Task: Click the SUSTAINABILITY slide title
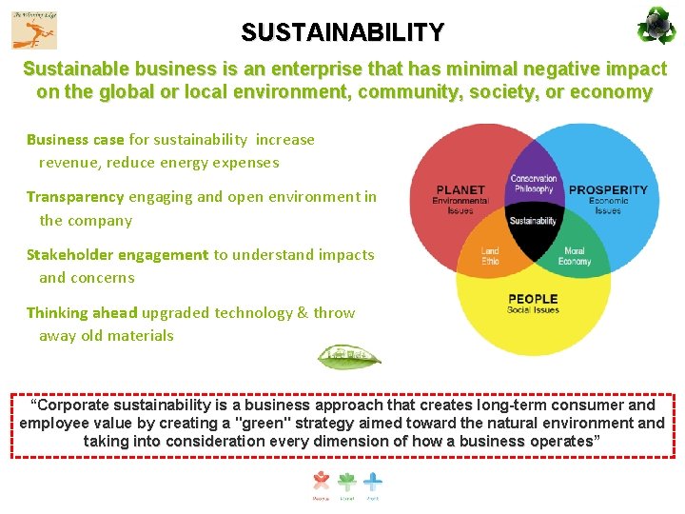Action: (x=342, y=33)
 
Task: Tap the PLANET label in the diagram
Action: (x=460, y=190)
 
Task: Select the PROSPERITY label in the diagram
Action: (x=608, y=190)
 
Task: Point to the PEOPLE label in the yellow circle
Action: (x=533, y=298)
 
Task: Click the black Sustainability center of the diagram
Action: (x=533, y=221)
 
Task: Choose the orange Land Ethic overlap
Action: (x=490, y=256)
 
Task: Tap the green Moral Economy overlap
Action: (x=575, y=256)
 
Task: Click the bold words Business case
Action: (x=75, y=140)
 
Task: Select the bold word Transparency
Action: (x=75, y=197)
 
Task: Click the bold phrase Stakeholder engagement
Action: (x=117, y=255)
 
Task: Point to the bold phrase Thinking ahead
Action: (x=82, y=313)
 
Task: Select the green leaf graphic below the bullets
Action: (x=349, y=358)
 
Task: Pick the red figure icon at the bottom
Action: (x=322, y=482)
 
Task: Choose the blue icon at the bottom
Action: (x=373, y=482)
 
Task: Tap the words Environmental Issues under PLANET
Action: (x=460, y=206)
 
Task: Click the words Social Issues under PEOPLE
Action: (x=533, y=310)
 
